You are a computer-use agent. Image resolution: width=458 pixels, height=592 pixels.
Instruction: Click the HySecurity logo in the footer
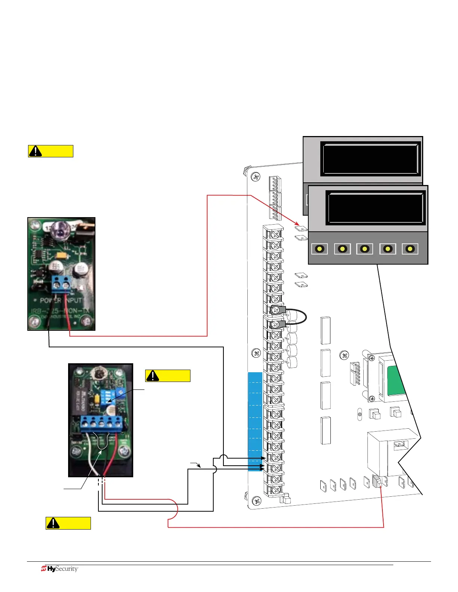coord(59,569)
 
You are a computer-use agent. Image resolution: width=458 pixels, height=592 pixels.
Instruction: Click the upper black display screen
coord(370,159)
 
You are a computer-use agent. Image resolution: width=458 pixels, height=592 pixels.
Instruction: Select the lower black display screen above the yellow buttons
coord(375,208)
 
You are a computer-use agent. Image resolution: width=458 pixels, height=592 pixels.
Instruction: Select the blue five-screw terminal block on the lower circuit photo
coord(101,423)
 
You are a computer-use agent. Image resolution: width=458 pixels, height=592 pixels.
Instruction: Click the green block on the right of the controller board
coord(396,382)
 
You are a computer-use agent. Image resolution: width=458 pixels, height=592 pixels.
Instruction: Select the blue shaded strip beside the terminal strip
coord(255,421)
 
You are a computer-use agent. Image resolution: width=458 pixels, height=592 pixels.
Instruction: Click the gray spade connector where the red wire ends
coord(377,482)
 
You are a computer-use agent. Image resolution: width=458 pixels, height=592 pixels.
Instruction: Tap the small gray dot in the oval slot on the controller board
coord(359,414)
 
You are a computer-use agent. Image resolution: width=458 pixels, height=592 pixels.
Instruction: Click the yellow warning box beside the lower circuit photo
coord(168,376)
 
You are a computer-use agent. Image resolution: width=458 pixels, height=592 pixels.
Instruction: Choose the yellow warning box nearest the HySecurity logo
coord(68,523)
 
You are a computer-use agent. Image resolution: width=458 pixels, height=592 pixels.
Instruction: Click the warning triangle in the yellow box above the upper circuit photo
coord(36,151)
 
